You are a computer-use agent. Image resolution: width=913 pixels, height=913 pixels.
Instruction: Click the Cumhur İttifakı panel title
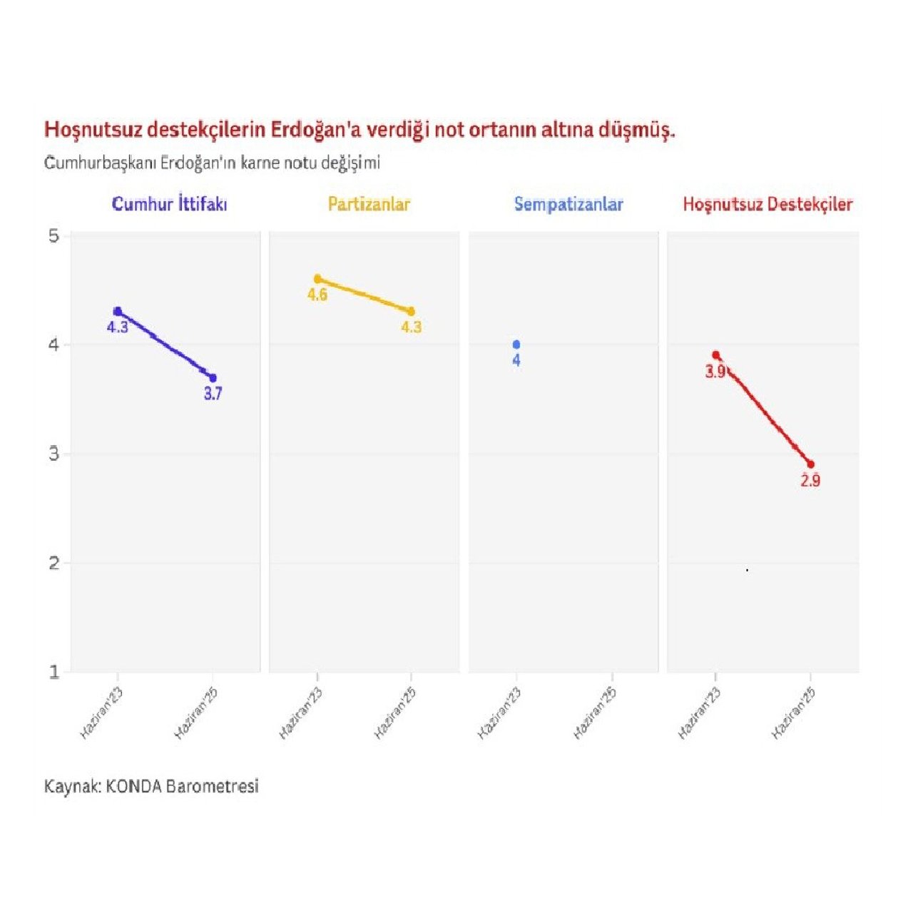coord(170,205)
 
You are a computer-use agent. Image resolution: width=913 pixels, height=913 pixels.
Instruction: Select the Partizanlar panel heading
coord(369,205)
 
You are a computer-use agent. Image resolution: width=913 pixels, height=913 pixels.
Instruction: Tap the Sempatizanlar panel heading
coord(568,205)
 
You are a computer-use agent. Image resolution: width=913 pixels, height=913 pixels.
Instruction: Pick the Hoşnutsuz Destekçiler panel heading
coord(767,205)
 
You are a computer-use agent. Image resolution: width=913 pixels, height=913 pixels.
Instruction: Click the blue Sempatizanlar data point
coord(516,345)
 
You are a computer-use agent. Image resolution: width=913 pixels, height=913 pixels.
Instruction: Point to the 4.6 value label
coord(317,295)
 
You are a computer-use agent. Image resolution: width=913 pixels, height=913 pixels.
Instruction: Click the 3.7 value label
coord(213,394)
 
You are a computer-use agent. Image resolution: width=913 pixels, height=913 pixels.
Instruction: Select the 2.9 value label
coord(810,481)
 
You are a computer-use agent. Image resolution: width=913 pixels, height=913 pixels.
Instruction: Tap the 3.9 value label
coord(715,372)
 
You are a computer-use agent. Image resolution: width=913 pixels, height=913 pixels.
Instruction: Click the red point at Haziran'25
coord(810,464)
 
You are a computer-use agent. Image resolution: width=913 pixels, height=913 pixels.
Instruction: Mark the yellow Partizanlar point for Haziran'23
coord(317,279)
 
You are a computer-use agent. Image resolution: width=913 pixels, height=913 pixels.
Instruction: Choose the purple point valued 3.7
coord(213,378)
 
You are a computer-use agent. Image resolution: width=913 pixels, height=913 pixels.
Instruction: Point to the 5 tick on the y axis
coord(54,236)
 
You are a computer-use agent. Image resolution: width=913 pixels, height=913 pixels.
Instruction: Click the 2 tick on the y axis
coord(54,563)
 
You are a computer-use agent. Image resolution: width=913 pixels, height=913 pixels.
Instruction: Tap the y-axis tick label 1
coord(54,672)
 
